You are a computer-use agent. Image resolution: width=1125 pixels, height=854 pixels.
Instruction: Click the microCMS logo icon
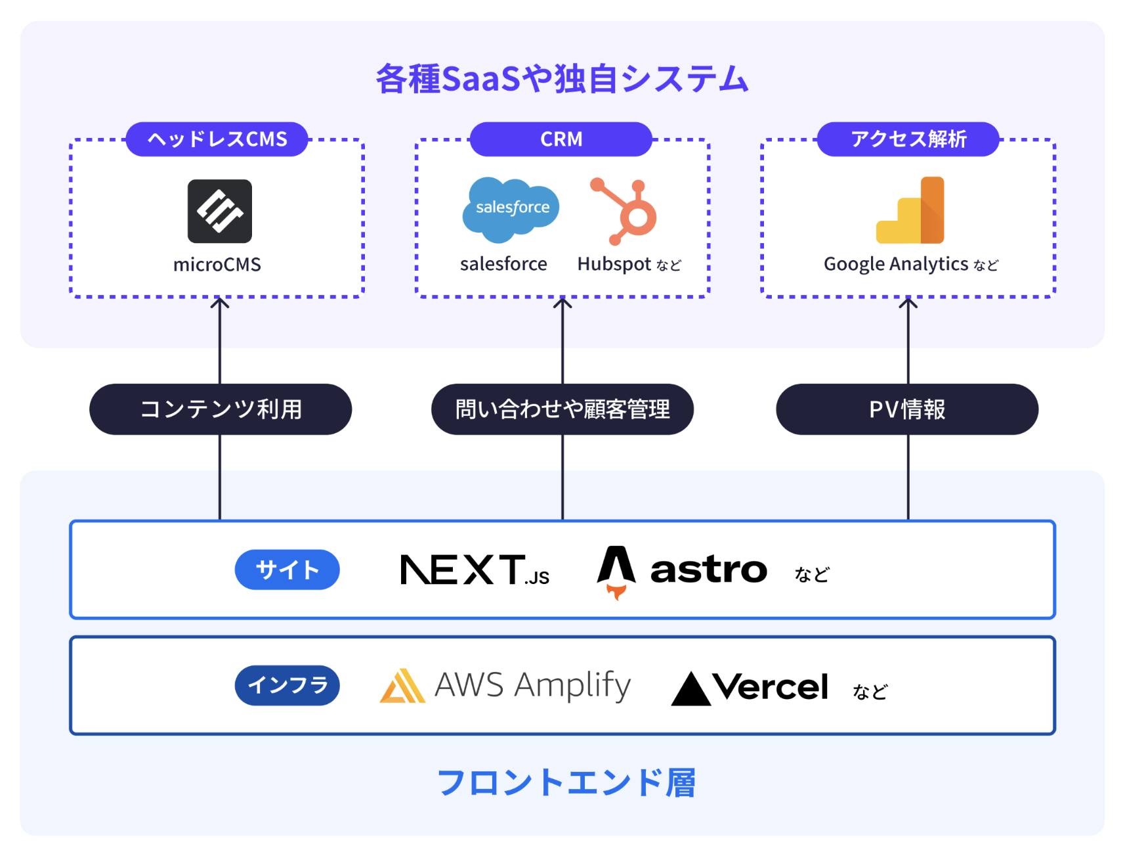pyautogui.click(x=219, y=211)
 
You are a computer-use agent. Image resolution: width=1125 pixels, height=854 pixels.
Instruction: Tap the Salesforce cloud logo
pyautogui.click(x=511, y=208)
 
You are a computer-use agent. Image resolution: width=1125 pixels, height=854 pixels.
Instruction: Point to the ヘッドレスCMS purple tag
pyautogui.click(x=217, y=139)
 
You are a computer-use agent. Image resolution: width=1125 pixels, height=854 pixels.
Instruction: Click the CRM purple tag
pyautogui.click(x=561, y=139)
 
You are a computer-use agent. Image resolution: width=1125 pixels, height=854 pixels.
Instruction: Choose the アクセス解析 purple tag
pyautogui.click(x=908, y=139)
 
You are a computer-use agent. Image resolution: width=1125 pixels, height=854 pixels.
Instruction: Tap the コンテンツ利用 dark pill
pyautogui.click(x=221, y=409)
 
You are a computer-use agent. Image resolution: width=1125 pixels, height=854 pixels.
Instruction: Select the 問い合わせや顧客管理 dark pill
pyautogui.click(x=562, y=409)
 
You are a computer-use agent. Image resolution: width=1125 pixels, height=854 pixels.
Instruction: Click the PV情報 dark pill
pyautogui.click(x=907, y=409)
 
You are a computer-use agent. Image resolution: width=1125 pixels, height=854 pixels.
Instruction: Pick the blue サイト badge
pyautogui.click(x=287, y=570)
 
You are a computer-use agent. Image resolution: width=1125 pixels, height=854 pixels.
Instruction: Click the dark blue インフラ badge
pyautogui.click(x=287, y=685)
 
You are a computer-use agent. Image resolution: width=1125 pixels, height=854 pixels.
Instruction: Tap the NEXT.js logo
pyautogui.click(x=474, y=570)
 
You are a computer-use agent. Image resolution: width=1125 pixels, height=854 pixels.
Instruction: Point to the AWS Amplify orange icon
pyautogui.click(x=402, y=686)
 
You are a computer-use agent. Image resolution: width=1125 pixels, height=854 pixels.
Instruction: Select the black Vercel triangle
pyautogui.click(x=690, y=689)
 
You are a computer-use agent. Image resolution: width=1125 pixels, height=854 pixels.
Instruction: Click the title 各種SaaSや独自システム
pyautogui.click(x=562, y=79)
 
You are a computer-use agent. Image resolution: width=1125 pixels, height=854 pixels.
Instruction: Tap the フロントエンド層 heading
pyautogui.click(x=566, y=782)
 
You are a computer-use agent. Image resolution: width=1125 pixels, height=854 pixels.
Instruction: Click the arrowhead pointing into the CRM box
pyautogui.click(x=562, y=303)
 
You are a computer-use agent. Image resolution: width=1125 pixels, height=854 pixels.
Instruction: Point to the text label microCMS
pyautogui.click(x=217, y=265)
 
